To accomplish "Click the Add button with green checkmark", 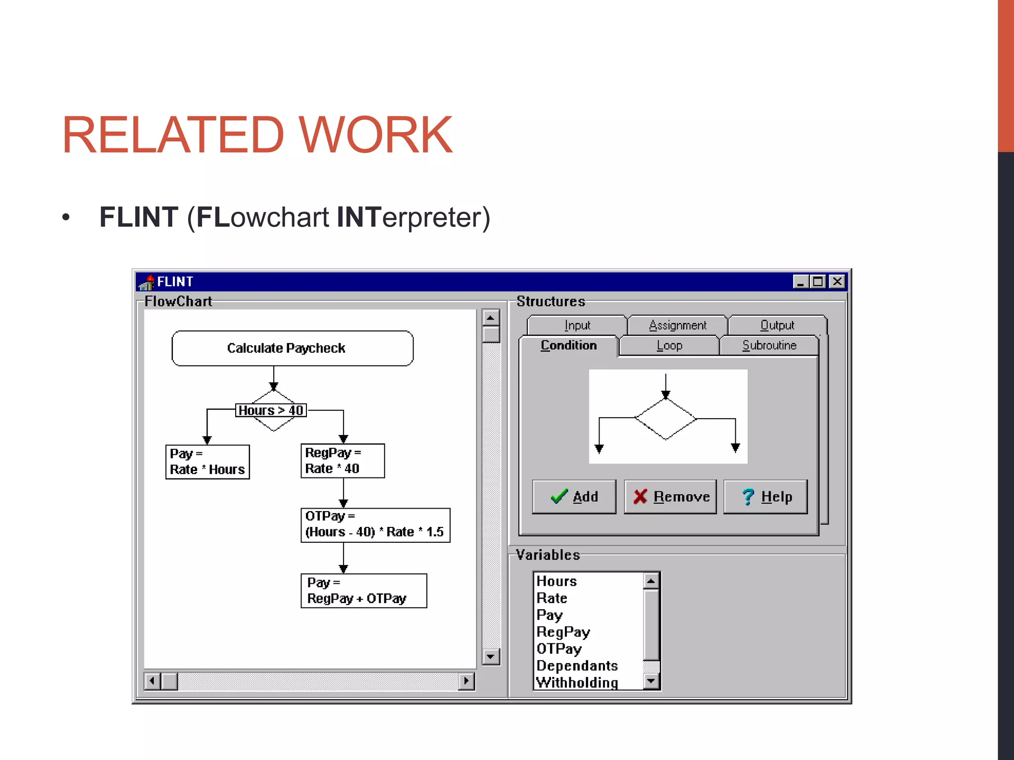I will point(574,496).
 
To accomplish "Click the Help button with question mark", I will point(765,496).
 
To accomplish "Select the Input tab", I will point(577,325).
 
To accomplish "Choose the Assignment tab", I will point(677,325).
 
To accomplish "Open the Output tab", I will point(777,325).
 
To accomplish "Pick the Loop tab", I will point(669,345).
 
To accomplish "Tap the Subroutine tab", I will point(769,345).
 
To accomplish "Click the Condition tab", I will point(568,345).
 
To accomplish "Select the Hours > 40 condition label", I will point(271,410).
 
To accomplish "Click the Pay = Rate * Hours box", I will point(207,462).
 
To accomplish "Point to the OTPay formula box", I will point(375,524).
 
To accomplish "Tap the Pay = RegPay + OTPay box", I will point(363,590).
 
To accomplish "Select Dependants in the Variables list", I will point(577,665).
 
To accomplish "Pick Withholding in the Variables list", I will point(577,682).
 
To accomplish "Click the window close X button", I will point(837,282).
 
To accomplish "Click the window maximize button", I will point(818,282).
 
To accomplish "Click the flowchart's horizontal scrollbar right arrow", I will point(466,681).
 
